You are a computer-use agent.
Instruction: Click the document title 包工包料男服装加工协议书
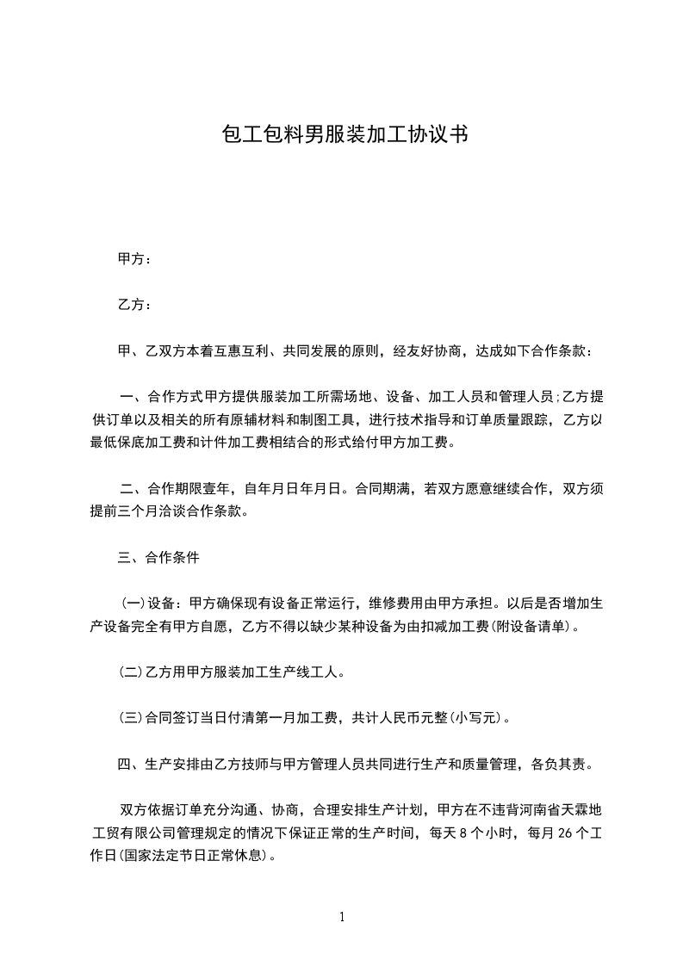click(x=345, y=135)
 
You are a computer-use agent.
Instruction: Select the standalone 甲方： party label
click(x=134, y=258)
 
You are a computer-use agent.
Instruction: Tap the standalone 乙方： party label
click(x=134, y=305)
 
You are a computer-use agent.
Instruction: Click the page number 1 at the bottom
click(x=342, y=916)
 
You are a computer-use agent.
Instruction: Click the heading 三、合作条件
click(x=158, y=558)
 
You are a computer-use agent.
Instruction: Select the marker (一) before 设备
click(x=132, y=604)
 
